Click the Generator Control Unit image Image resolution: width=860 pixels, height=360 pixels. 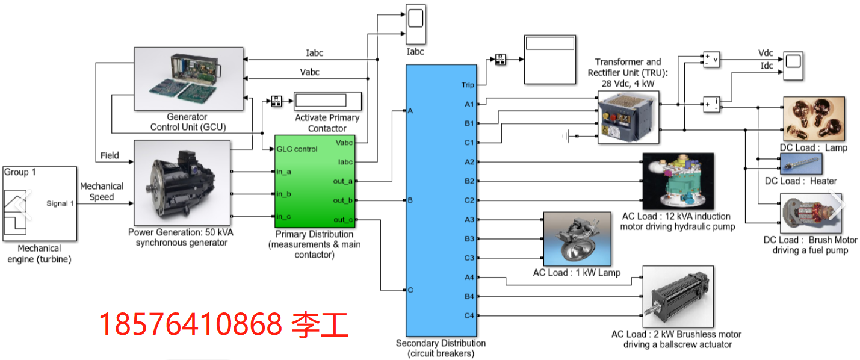[188, 78]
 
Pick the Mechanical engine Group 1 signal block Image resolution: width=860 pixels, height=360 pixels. [40, 203]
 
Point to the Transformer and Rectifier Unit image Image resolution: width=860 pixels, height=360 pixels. [628, 117]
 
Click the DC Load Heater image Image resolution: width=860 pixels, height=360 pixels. [800, 163]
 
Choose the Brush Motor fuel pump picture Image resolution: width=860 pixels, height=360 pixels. [810, 214]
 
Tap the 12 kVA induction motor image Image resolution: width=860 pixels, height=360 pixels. [678, 181]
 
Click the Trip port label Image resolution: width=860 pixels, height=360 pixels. [468, 85]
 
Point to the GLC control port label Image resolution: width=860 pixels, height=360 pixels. [297, 149]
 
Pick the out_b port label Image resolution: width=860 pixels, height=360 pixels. [342, 200]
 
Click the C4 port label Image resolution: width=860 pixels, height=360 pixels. [469, 315]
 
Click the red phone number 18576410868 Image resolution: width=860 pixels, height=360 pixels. [190, 325]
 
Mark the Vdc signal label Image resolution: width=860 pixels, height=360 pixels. [766, 54]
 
